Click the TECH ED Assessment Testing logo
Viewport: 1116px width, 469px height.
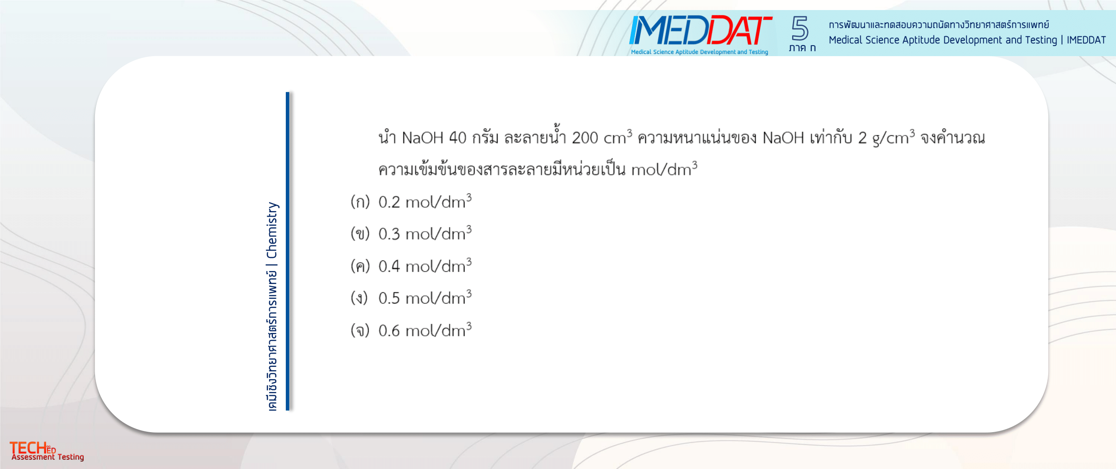(x=47, y=451)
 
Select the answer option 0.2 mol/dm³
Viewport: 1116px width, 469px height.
(x=425, y=201)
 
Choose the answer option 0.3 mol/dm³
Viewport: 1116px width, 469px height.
(x=425, y=233)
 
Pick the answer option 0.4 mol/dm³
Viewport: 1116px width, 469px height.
(x=425, y=266)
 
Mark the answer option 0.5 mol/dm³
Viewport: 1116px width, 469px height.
(x=425, y=298)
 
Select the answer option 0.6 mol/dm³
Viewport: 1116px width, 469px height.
(x=425, y=330)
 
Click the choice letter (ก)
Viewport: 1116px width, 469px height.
(x=360, y=202)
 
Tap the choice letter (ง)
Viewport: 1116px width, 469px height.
(x=359, y=298)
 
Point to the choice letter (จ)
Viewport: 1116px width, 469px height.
(x=360, y=331)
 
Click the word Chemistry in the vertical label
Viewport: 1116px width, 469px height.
(x=272, y=230)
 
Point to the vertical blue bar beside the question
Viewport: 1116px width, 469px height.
(x=287, y=251)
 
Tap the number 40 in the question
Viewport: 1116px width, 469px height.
(x=457, y=138)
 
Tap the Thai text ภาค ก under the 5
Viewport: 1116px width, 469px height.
(x=802, y=48)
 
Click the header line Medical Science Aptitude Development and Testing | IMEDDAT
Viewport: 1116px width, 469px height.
(x=967, y=40)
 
